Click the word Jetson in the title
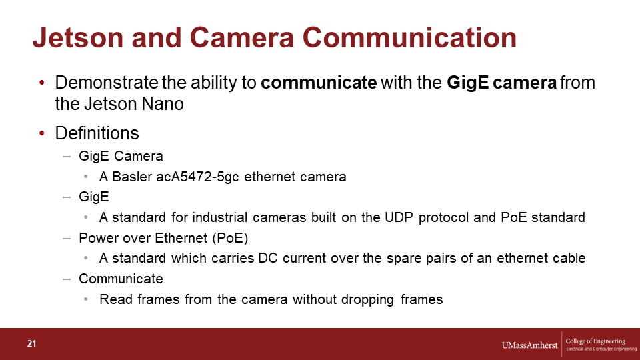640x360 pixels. (78, 37)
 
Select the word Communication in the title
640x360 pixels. (409, 37)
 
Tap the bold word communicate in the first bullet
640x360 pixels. (319, 83)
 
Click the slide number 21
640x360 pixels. (32, 344)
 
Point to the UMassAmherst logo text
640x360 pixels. (529, 345)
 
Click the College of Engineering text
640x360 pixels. (595, 341)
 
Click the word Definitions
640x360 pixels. (97, 133)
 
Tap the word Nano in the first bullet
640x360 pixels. (163, 104)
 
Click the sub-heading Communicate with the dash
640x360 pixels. (113, 279)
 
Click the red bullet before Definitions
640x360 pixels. (42, 133)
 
